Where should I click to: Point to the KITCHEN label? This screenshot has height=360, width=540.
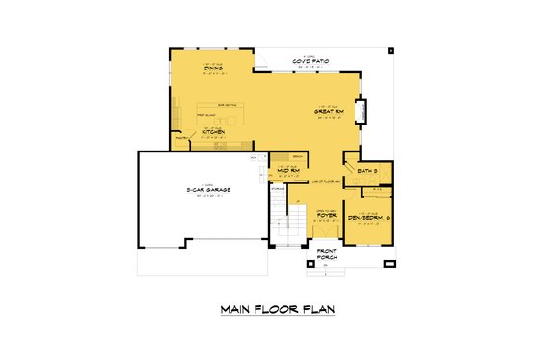(x=213, y=131)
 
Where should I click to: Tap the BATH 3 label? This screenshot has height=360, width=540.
(x=367, y=171)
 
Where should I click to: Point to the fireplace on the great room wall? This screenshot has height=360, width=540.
(x=362, y=111)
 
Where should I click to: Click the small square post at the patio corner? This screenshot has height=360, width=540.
(x=390, y=49)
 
